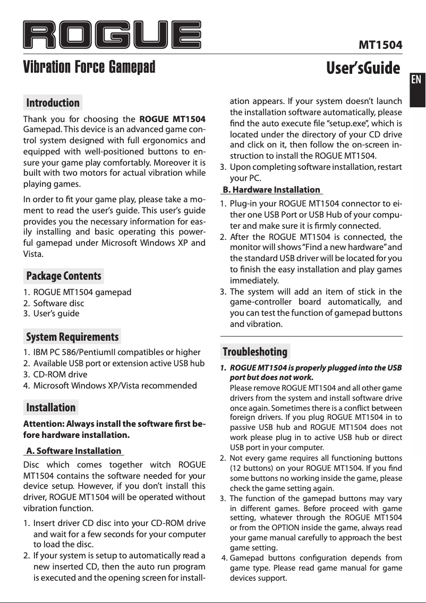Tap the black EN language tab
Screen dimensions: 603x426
[416, 80]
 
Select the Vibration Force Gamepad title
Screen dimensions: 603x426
[89, 68]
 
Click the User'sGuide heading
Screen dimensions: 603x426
[363, 68]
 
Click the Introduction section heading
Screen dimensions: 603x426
[53, 102]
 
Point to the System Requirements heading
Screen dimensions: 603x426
[72, 337]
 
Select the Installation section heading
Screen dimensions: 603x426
[51, 407]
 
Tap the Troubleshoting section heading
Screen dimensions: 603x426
[255, 352]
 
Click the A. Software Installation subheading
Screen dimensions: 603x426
[73, 451]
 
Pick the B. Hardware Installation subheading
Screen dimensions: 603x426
[271, 189]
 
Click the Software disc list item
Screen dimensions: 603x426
[58, 304]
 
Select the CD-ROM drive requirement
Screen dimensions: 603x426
[60, 375]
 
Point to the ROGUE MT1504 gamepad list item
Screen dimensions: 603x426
[82, 292]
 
